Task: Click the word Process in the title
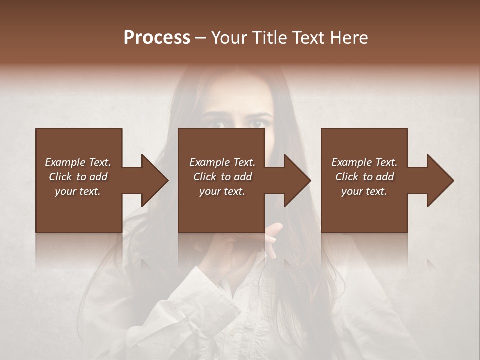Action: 157,38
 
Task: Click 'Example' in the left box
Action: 65,162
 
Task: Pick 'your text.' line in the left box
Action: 78,191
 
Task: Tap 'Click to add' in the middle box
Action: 222,177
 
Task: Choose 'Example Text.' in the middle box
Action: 222,162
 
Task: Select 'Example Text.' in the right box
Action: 364,162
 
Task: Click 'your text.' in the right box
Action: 364,191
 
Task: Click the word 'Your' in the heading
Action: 230,38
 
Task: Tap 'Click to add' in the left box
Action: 78,177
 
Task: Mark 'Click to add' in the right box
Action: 364,177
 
